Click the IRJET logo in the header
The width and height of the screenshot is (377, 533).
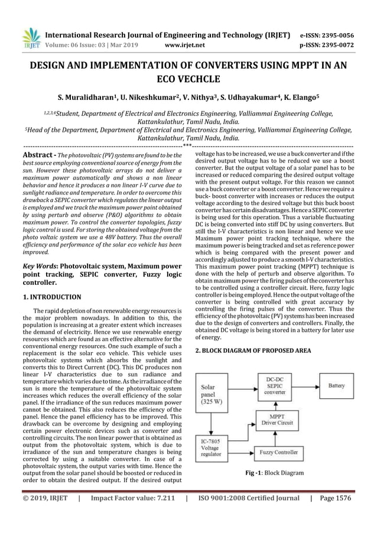30,37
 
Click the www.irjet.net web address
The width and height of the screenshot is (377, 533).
186,43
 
